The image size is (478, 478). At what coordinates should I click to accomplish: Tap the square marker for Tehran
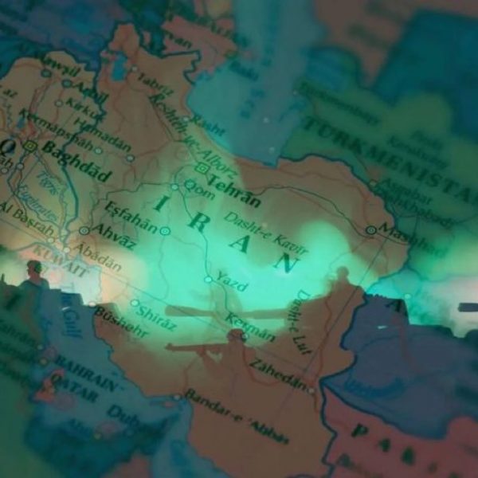(203, 168)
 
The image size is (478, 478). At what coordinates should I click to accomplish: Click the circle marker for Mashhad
(370, 229)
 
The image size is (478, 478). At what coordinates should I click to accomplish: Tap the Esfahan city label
(131, 216)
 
